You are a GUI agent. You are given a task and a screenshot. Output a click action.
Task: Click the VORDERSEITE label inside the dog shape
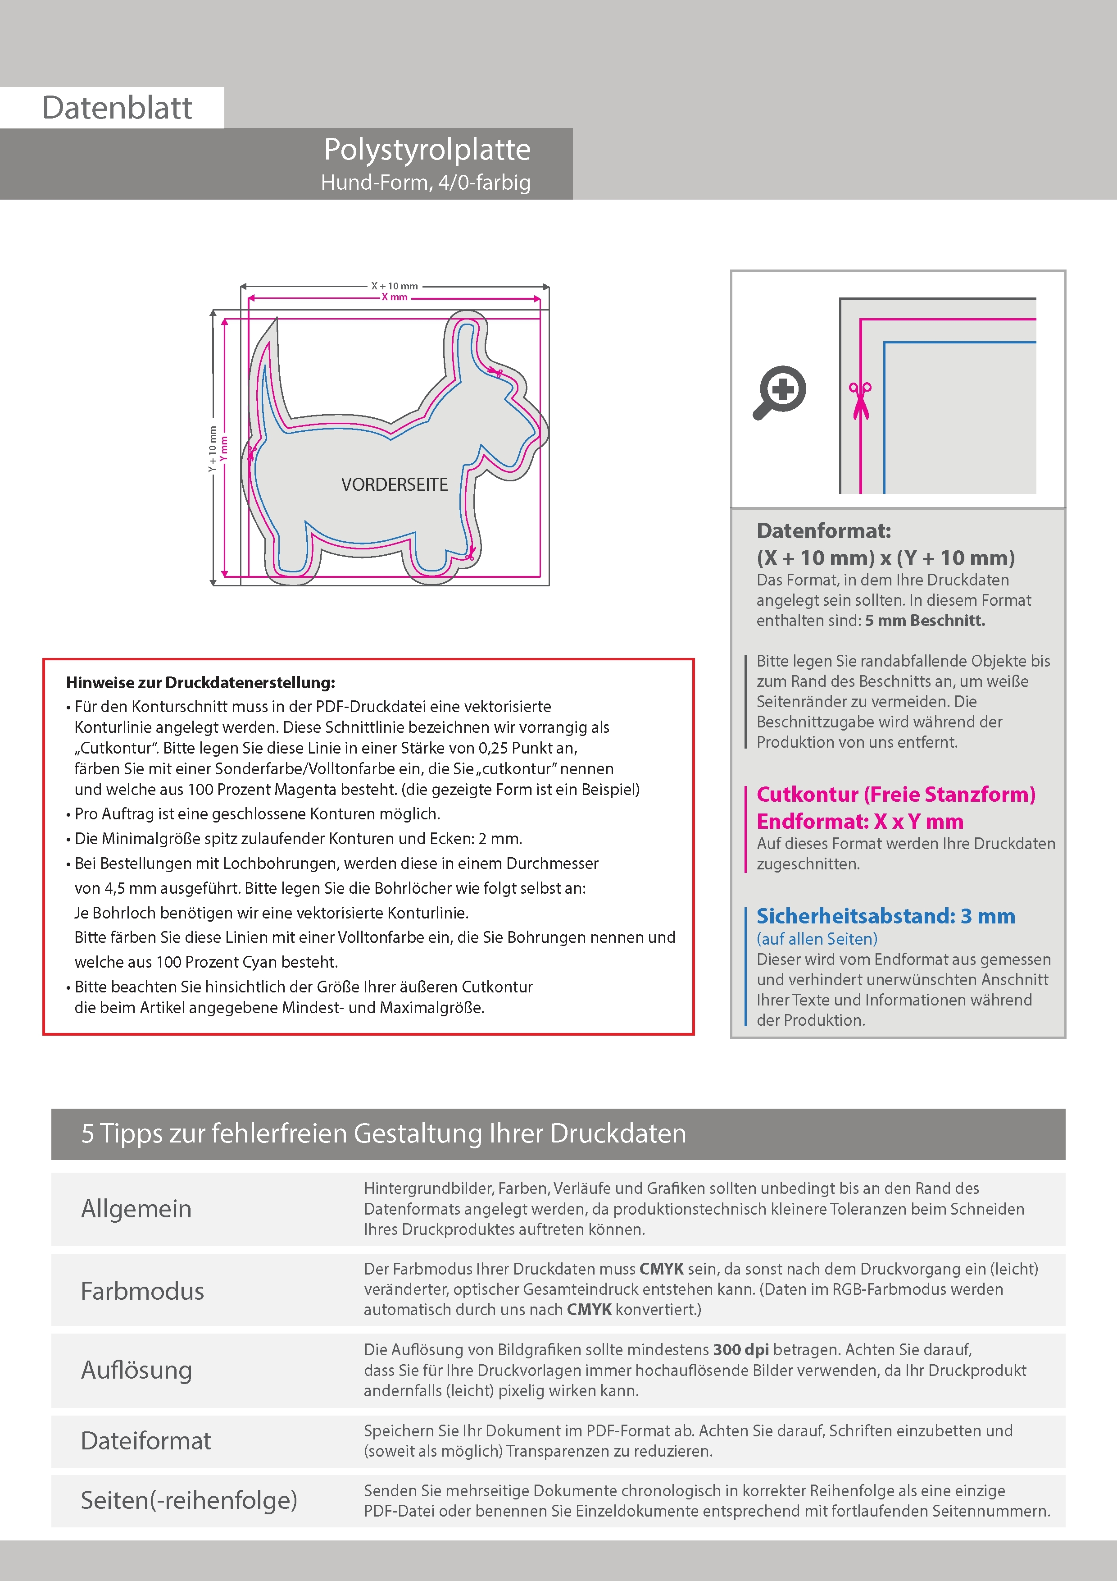(395, 485)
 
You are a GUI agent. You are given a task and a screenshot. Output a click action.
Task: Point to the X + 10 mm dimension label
(395, 286)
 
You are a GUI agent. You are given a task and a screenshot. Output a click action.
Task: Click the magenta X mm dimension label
(395, 297)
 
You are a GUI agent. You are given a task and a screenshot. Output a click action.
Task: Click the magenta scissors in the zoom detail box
(860, 399)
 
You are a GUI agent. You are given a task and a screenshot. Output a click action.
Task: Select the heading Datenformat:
(823, 531)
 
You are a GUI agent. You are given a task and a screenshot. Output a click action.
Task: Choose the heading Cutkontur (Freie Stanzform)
(895, 795)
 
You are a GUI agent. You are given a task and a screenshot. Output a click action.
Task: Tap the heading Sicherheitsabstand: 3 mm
(885, 917)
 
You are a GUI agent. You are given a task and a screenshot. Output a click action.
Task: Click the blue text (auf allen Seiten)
(817, 939)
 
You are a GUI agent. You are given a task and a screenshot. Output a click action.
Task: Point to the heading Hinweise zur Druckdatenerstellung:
(200, 683)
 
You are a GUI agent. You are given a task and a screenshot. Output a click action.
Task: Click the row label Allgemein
(136, 1209)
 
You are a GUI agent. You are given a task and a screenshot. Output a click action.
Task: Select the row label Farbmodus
(142, 1291)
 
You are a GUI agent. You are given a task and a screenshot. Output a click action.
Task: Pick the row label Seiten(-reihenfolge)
(189, 1500)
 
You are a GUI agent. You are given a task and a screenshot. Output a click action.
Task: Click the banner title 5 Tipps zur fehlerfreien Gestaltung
(383, 1133)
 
